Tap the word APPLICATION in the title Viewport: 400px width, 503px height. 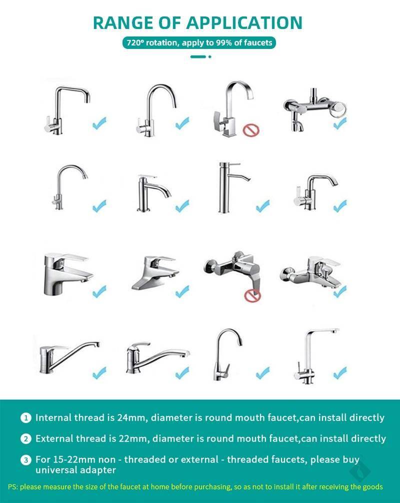[x=244, y=23]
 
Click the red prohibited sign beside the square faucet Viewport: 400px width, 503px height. [x=250, y=130]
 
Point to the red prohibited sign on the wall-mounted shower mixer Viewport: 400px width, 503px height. [x=252, y=295]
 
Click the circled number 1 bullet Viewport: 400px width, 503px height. [x=26, y=418]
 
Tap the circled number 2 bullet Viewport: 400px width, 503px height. [x=26, y=439]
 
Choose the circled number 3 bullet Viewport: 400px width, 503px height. [x=26, y=460]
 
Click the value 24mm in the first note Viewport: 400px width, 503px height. [x=131, y=418]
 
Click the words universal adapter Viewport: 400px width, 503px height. [x=76, y=470]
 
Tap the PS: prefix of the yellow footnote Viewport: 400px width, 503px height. [x=13, y=487]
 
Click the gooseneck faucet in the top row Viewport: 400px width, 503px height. [x=156, y=110]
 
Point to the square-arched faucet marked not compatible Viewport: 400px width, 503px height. [x=233, y=109]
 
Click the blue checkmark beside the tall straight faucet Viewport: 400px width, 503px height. [x=263, y=206]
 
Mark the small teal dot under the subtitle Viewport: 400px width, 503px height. [x=209, y=57]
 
